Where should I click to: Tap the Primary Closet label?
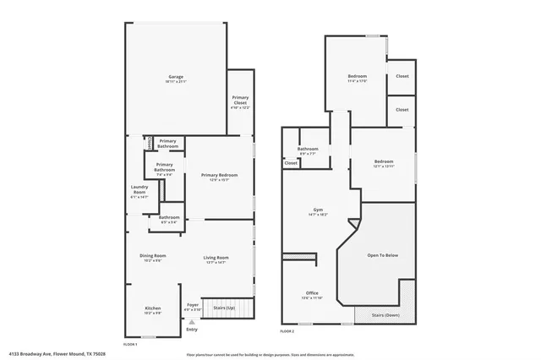pyautogui.click(x=240, y=105)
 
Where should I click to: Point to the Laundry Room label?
pyautogui.click(x=139, y=192)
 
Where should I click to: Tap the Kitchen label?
pyautogui.click(x=152, y=310)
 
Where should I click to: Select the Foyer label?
pyautogui.click(x=193, y=307)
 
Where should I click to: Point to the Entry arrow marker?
pyautogui.click(x=192, y=322)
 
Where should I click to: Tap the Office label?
pyautogui.click(x=312, y=296)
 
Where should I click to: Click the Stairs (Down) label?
pyautogui.click(x=385, y=315)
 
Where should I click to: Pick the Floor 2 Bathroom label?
pyautogui.click(x=307, y=151)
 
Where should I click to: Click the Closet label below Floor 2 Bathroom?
pyautogui.click(x=291, y=163)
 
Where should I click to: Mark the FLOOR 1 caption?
pyautogui.click(x=130, y=344)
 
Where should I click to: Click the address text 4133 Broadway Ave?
pyautogui.click(x=57, y=355)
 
